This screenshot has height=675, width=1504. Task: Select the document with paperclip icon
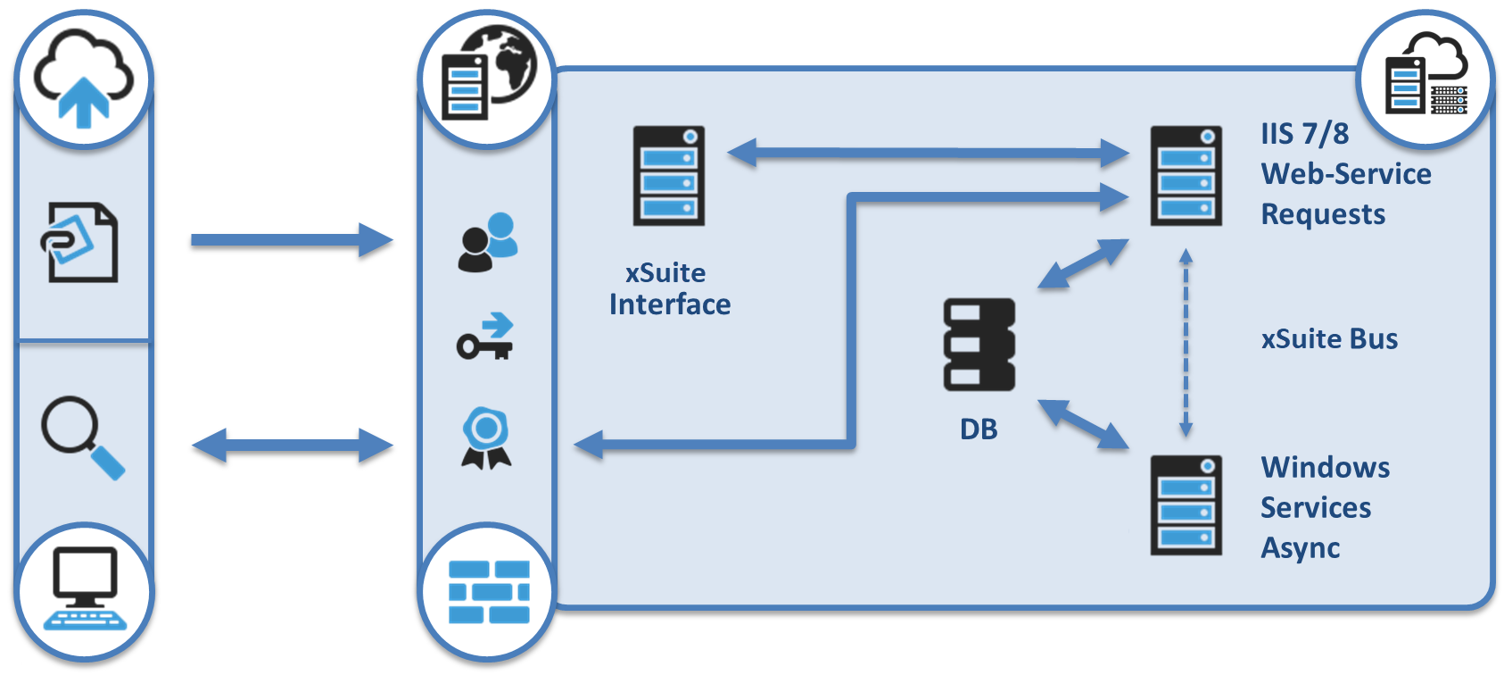(80, 242)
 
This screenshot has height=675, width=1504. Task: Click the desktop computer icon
(85, 588)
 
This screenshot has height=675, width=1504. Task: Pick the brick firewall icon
(488, 592)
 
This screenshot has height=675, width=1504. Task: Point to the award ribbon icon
(486, 437)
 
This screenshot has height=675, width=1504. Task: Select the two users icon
(487, 242)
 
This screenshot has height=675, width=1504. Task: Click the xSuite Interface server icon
(669, 175)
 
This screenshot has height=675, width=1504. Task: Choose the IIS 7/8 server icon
(1186, 175)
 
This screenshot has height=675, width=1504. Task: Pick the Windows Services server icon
(1186, 505)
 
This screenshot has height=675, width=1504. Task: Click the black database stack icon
(979, 345)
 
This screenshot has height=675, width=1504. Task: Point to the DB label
(979, 429)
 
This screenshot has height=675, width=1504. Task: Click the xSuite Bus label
(1329, 339)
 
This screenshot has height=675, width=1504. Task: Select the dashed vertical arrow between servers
(1186, 343)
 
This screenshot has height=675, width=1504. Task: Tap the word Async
(1300, 548)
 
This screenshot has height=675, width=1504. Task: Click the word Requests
(1323, 214)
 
